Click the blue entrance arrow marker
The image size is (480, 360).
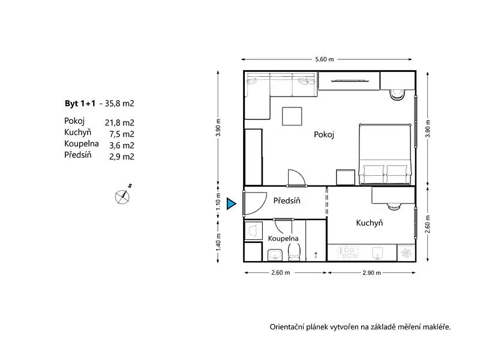pos(231,204)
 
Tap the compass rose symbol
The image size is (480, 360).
pos(122,197)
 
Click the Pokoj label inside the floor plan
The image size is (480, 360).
pos(324,134)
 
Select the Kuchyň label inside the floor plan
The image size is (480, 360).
pos(370,223)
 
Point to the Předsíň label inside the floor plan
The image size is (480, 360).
pos(287,200)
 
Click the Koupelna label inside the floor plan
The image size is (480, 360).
pos(283,238)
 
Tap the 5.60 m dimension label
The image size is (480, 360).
pos(325,59)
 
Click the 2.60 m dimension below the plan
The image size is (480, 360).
pos(280,272)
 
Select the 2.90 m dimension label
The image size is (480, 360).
pos(371,272)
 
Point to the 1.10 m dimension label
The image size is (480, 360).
pos(218,201)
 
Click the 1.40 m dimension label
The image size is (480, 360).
pos(218,242)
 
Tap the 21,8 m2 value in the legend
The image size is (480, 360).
pos(119,123)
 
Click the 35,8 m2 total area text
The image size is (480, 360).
pos(119,103)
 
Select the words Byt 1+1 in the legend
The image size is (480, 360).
pos(80,103)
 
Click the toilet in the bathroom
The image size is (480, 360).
pos(294,253)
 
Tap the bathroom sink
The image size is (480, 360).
pos(275,255)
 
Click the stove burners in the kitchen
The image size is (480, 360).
pos(349,253)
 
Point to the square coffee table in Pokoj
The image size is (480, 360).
pos(292,116)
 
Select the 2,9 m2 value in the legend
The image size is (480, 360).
pos(122,157)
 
